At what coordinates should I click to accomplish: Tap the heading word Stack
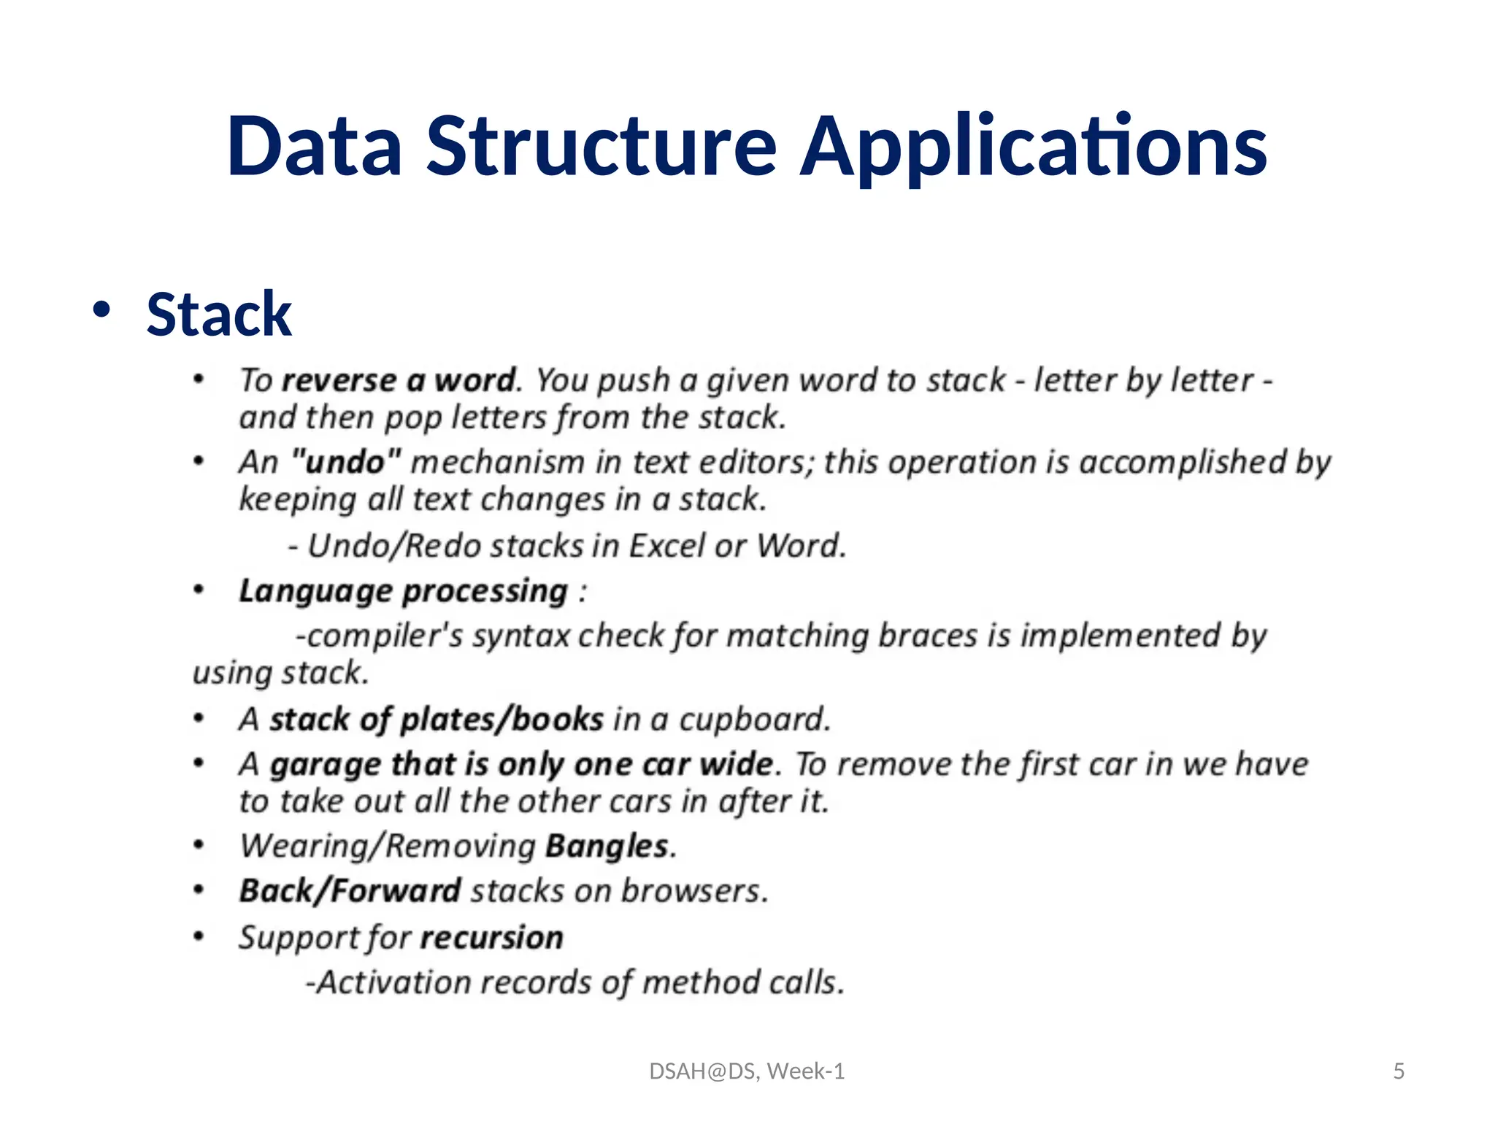point(219,315)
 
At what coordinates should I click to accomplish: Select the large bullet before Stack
point(101,309)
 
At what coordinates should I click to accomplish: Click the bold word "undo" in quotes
point(346,462)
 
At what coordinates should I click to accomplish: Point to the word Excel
point(667,546)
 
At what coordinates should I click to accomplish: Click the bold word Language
point(315,591)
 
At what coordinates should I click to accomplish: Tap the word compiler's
point(384,636)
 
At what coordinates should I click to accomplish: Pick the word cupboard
point(754,720)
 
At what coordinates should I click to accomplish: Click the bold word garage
point(326,765)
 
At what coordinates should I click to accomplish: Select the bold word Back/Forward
point(350,891)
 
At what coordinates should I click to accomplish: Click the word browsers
point(694,891)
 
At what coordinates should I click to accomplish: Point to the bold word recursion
point(491,938)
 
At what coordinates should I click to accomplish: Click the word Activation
point(393,982)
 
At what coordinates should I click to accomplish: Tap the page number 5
point(1399,1071)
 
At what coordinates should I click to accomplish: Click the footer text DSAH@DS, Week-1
point(747,1071)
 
